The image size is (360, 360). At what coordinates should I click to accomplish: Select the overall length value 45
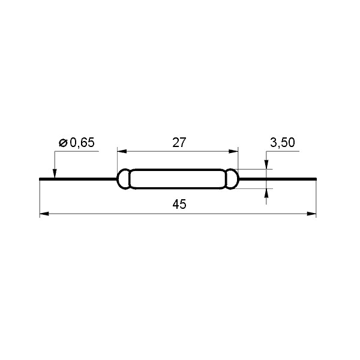pyautogui.click(x=179, y=205)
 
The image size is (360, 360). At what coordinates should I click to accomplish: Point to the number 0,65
pyautogui.click(x=82, y=143)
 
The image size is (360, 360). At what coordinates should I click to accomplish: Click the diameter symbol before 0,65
pyautogui.click(x=63, y=143)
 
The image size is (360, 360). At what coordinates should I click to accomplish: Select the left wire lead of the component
pyautogui.click(x=78, y=179)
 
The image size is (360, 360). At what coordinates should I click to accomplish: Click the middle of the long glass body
pyautogui.click(x=178, y=179)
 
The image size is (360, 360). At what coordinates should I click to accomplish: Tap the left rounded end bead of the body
pyautogui.click(x=124, y=179)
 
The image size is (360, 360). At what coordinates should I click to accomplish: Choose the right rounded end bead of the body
pyautogui.click(x=232, y=179)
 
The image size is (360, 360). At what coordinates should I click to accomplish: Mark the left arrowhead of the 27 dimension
pyautogui.click(x=121, y=152)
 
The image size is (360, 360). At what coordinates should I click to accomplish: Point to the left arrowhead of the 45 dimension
pyautogui.click(x=43, y=213)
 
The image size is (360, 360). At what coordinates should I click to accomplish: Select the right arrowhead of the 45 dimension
pyautogui.click(x=312, y=213)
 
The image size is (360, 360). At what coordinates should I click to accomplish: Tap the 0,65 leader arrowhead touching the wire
pyautogui.click(x=55, y=174)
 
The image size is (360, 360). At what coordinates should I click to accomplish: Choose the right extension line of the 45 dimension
pyautogui.click(x=316, y=198)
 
